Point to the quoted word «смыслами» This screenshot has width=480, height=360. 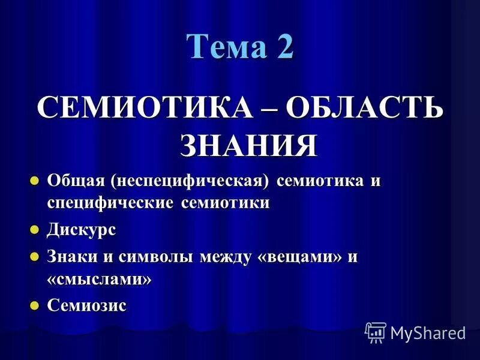[99, 280]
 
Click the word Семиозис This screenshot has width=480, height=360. [87, 305]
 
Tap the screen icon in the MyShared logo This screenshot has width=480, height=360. [376, 332]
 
